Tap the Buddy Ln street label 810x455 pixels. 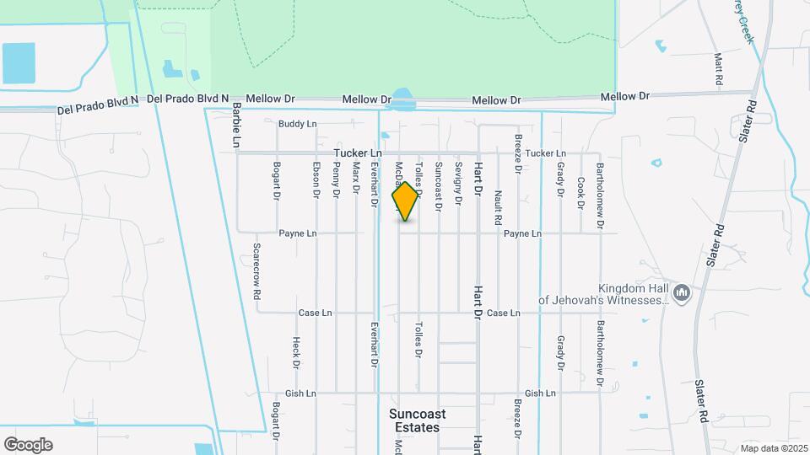[297, 124]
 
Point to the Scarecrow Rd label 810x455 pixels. [256, 272]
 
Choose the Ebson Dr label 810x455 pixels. [316, 179]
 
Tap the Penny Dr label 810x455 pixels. [336, 180]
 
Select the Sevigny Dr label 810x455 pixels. [458, 184]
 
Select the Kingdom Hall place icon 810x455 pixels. [683, 292]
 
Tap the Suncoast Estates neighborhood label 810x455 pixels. [417, 420]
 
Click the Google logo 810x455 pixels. [28, 444]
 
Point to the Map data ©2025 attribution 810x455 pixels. [774, 447]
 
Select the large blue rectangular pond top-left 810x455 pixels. [24, 62]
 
